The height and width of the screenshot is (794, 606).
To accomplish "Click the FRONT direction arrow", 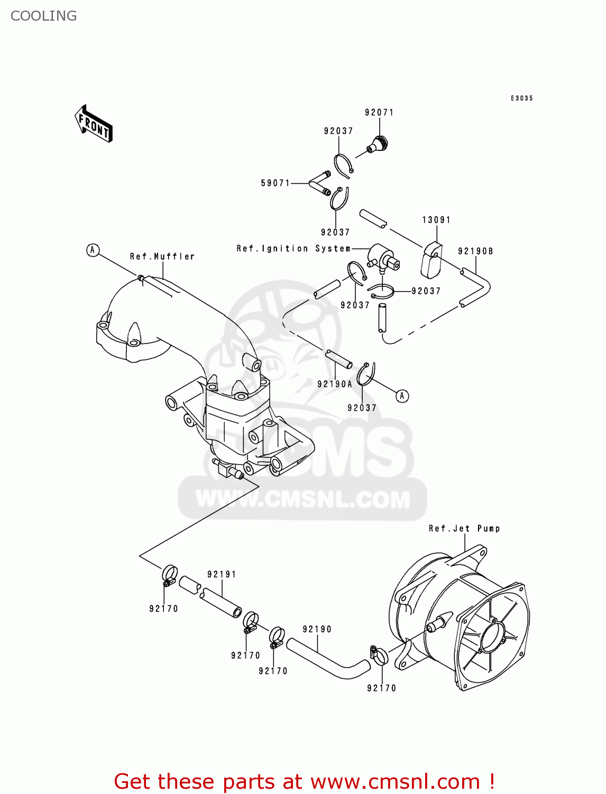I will [94, 124].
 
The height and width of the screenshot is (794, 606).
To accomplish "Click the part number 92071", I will [379, 112].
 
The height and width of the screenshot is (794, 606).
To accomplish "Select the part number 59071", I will [276, 183].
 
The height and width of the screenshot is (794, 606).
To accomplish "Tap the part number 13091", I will [436, 220].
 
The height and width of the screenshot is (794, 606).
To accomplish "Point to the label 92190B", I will [475, 251].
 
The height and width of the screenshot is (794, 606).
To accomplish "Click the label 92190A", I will [334, 384].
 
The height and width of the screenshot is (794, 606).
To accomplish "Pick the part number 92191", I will [222, 574].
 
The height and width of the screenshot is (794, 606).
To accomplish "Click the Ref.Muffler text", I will [162, 256].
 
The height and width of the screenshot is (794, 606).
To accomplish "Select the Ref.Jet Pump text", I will [464, 528].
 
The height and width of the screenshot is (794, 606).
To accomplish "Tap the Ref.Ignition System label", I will [293, 248].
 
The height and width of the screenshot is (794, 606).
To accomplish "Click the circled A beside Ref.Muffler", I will [93, 250].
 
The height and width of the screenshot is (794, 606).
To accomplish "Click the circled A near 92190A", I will [402, 396].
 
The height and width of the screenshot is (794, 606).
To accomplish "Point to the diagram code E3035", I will [521, 98].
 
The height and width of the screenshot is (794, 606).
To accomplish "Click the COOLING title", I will [44, 16].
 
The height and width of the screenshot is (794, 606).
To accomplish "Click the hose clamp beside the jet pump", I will [379, 655].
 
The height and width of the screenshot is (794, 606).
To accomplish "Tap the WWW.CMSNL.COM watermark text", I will [302, 499].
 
